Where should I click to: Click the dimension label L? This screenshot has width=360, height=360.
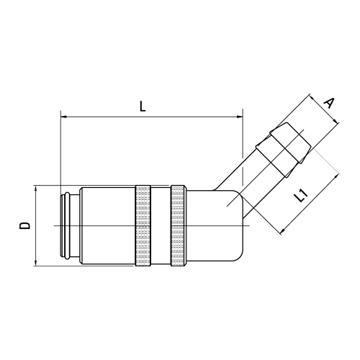click(x=143, y=107)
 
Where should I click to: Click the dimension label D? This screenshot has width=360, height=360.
click(x=25, y=225)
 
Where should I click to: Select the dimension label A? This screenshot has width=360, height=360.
click(x=329, y=103)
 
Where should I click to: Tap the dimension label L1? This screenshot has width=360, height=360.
click(x=301, y=195)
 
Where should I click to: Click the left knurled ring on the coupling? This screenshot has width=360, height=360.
click(x=143, y=225)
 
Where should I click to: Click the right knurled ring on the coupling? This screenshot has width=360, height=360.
click(x=178, y=225)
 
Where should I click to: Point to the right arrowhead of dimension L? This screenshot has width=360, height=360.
click(x=240, y=117)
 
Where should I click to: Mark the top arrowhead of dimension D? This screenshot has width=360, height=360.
click(x=36, y=189)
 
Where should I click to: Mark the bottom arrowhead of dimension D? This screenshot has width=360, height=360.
click(x=36, y=263)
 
